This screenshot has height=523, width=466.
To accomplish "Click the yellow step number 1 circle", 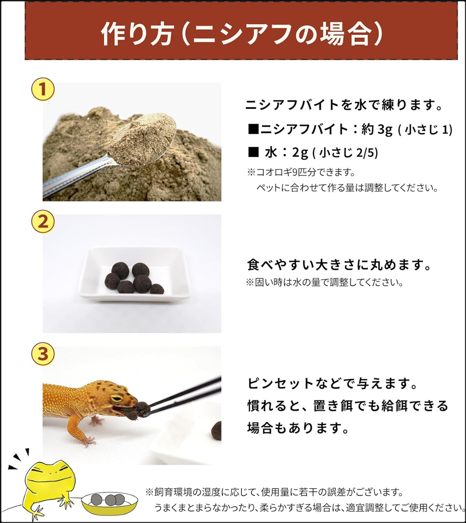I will point(43,90).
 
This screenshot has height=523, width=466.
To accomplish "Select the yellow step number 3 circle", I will point(43,354).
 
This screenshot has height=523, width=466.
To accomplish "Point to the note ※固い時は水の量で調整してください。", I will point(324,282).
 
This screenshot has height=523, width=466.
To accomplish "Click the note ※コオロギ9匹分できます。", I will point(301,172).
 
